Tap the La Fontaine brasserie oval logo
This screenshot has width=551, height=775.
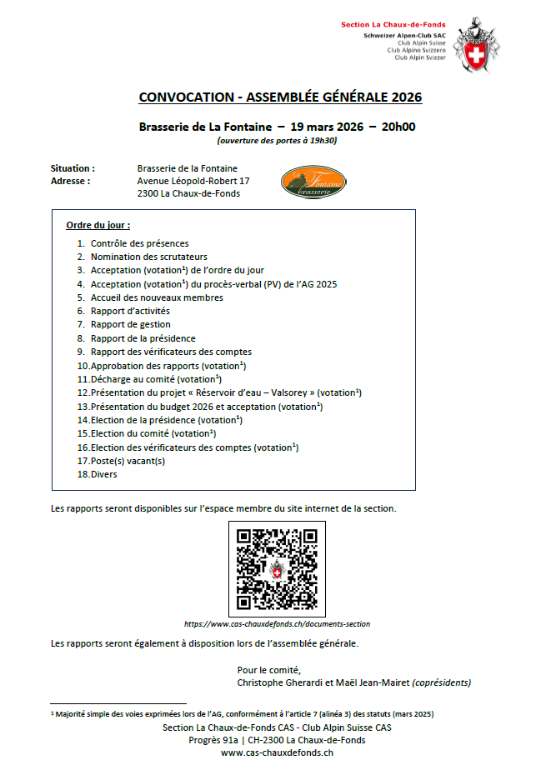point(313,183)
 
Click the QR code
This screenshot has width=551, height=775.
point(277,569)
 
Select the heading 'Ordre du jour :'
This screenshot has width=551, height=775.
point(98,226)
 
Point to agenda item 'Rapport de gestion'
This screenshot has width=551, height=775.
point(130,324)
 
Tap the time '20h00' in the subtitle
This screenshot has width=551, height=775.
point(398,127)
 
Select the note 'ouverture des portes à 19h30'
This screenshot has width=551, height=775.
point(277,141)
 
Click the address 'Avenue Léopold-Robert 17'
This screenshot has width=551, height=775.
point(193,181)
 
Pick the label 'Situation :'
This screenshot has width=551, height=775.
point(73,168)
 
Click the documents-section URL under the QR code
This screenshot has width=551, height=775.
point(277,623)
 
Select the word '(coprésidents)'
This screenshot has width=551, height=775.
point(442,682)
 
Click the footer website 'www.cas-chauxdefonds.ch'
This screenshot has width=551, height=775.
point(277,752)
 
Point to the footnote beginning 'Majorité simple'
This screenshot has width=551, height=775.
point(242,714)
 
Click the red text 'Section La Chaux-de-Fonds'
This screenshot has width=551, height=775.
point(393,25)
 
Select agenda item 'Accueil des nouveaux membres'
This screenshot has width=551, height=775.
point(157,297)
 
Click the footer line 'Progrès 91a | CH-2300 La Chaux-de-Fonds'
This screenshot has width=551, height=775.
point(277,740)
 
